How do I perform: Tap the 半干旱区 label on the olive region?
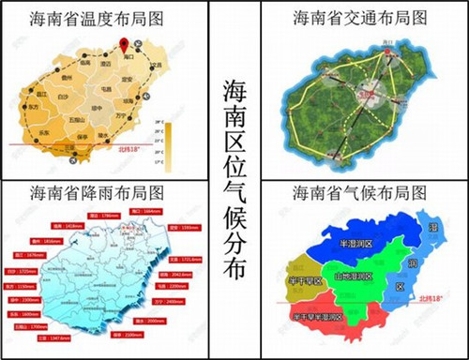[x=303, y=281]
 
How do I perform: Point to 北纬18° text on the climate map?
[x=436, y=299]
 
